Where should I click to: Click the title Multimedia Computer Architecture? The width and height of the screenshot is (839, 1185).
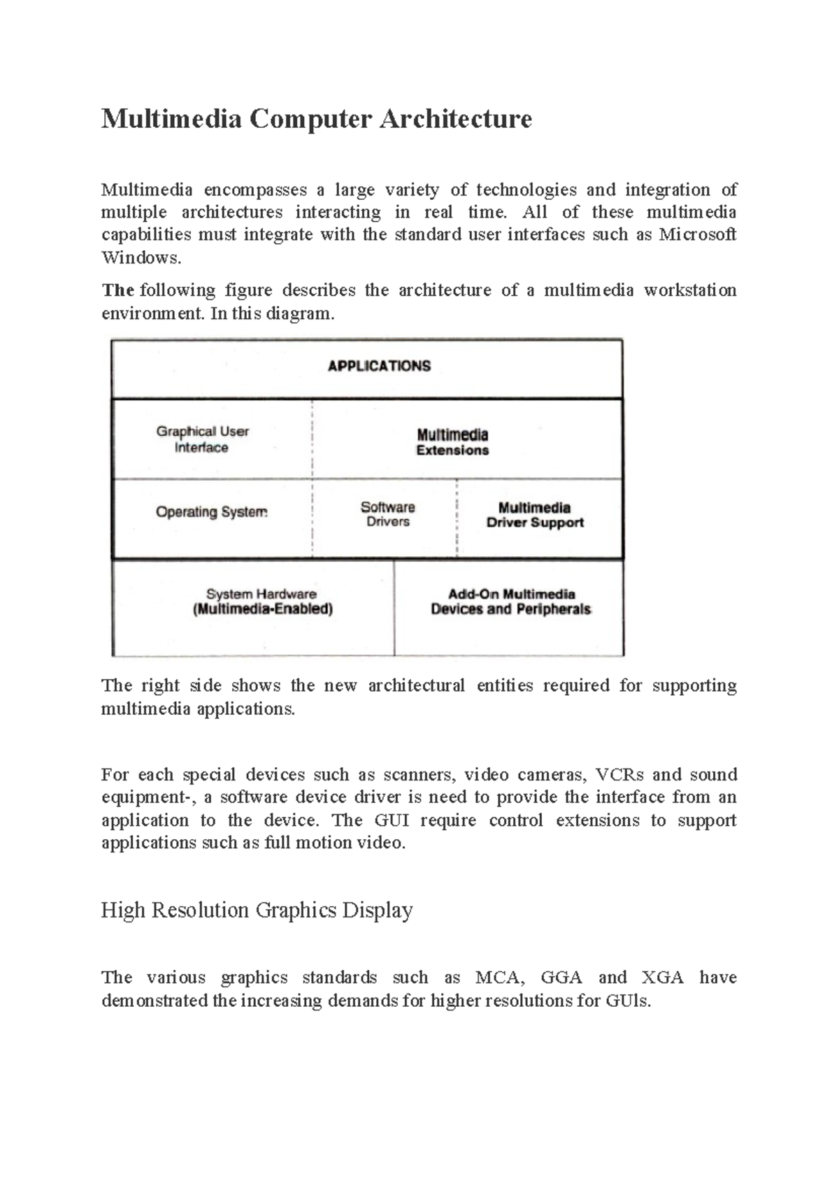[x=316, y=119]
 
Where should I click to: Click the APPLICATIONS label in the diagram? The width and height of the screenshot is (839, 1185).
[x=379, y=366]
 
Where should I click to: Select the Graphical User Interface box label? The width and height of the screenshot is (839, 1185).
[x=202, y=439]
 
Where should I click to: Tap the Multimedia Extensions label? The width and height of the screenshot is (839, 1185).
[x=452, y=442]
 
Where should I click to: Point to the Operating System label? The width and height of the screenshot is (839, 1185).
[x=211, y=512]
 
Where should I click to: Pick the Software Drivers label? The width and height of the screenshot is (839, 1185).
[x=387, y=514]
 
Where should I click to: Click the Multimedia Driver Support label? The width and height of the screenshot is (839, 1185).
[x=535, y=515]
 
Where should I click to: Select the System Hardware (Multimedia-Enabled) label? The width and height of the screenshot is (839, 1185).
[x=262, y=602]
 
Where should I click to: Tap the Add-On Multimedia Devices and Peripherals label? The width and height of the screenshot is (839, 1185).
[x=511, y=602]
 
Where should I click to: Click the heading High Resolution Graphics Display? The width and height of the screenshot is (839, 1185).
[x=257, y=910]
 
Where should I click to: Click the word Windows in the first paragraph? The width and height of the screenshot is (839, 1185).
[x=141, y=258]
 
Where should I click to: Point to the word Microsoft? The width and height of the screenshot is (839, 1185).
[x=697, y=235]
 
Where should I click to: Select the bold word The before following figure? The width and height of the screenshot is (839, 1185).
[x=117, y=290]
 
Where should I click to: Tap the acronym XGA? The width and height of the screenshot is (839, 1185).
[x=662, y=977]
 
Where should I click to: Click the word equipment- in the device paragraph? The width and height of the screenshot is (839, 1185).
[x=146, y=798]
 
